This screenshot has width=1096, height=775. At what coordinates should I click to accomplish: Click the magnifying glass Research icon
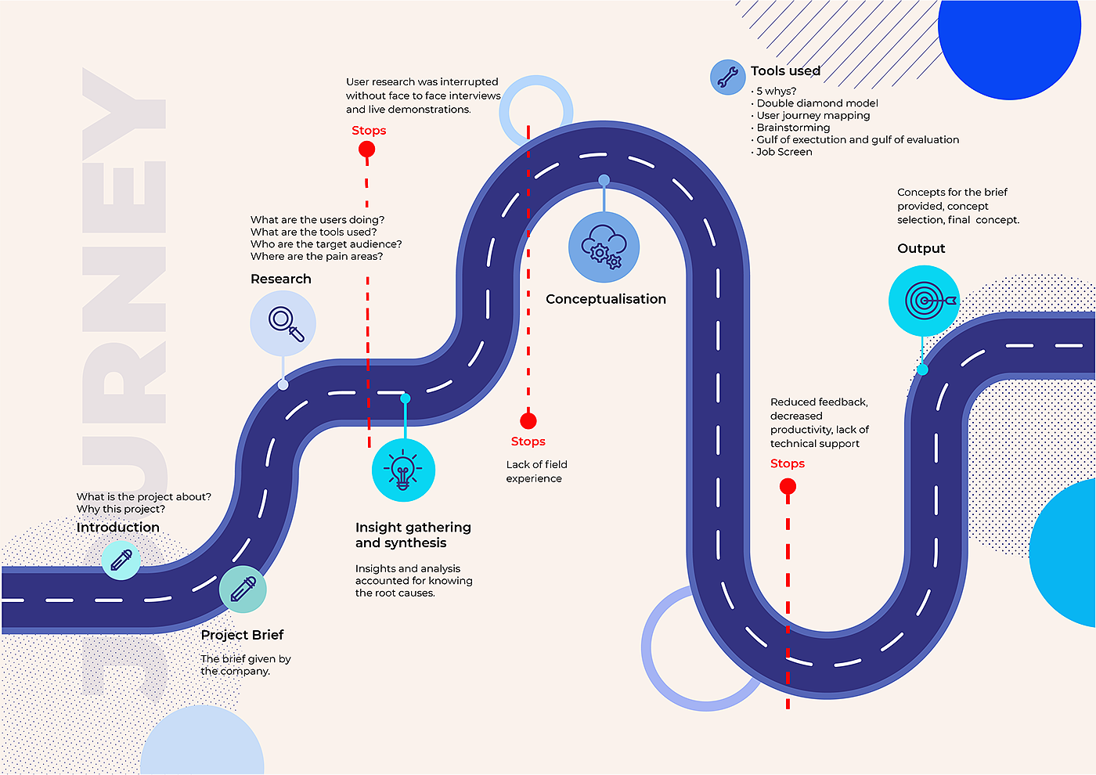pyautogui.click(x=283, y=323)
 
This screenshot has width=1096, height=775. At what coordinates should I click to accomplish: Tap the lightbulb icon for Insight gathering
pyautogui.click(x=403, y=470)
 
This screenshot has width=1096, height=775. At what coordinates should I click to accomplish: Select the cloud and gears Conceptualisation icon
pyautogui.click(x=604, y=247)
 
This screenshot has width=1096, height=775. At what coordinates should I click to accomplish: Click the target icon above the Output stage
pyautogui.click(x=925, y=301)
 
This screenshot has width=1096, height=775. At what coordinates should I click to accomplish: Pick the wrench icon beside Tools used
pyautogui.click(x=727, y=77)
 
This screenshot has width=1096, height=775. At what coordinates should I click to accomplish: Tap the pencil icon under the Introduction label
pyautogui.click(x=121, y=560)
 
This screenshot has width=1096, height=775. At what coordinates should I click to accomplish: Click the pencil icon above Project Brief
pyautogui.click(x=243, y=589)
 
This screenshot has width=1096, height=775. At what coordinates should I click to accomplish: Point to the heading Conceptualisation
pyautogui.click(x=606, y=299)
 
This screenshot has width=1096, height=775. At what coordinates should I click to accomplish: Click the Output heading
pyautogui.click(x=921, y=248)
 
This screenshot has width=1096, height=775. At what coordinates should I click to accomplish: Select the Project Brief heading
pyautogui.click(x=242, y=635)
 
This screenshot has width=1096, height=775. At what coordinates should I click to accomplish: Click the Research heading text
pyautogui.click(x=280, y=279)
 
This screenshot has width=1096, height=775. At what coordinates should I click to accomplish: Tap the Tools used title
pyautogui.click(x=785, y=71)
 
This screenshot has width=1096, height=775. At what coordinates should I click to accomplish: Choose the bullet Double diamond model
pyautogui.click(x=817, y=103)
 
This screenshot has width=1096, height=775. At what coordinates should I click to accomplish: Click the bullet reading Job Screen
pyautogui.click(x=784, y=152)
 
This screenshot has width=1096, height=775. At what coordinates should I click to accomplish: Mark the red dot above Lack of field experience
pyautogui.click(x=528, y=421)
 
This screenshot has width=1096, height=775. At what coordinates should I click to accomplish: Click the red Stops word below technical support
pyautogui.click(x=787, y=463)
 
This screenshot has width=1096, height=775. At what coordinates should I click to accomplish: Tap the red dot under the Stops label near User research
pyautogui.click(x=366, y=149)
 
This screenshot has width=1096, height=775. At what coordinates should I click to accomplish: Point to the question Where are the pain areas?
pyautogui.click(x=316, y=256)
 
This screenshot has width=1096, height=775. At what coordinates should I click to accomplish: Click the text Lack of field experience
pyautogui.click(x=536, y=471)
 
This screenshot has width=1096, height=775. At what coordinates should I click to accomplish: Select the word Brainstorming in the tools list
pyautogui.click(x=793, y=128)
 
